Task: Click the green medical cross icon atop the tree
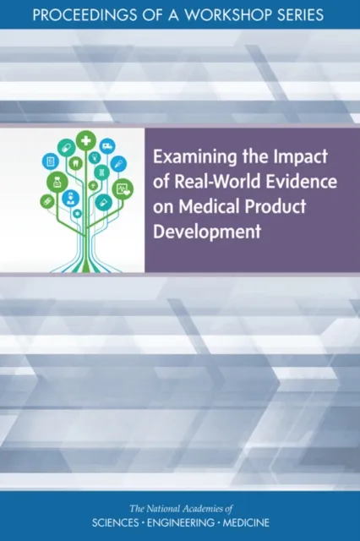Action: tap(85, 140)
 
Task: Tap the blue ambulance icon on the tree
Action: tap(107, 145)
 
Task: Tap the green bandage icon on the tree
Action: tap(47, 201)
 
